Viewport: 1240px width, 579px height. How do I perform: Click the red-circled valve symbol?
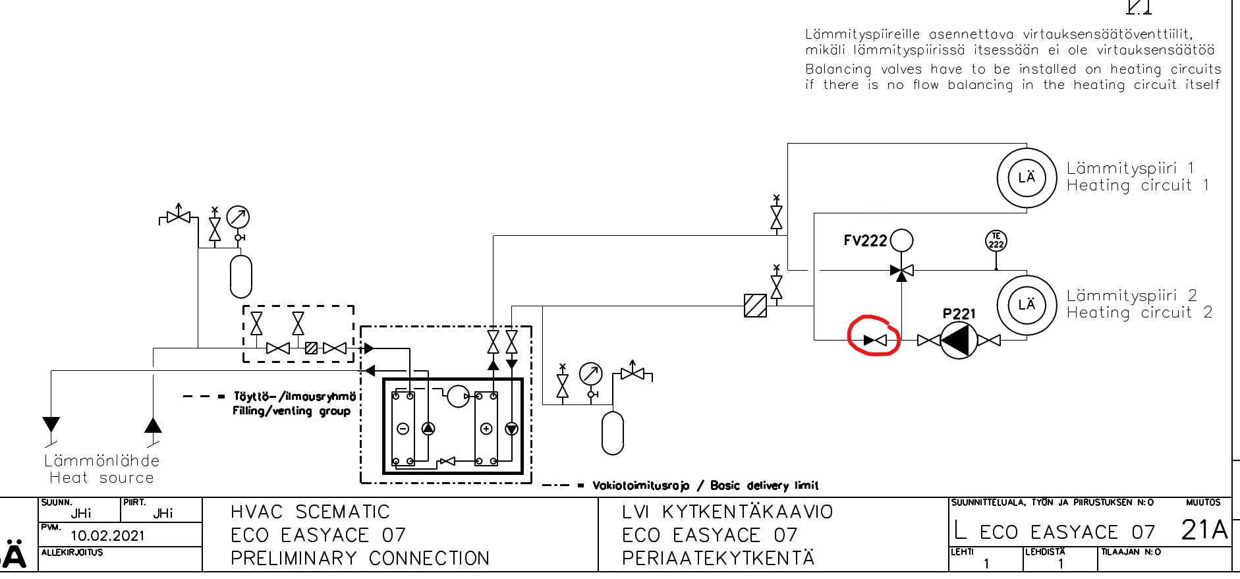click(x=875, y=340)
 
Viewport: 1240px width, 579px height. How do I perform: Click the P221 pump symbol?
click(x=959, y=340)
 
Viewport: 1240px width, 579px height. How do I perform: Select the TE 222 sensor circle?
click(x=996, y=241)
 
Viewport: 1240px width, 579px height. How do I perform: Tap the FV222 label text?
click(x=865, y=241)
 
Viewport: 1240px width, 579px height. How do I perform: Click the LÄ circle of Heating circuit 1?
click(x=1027, y=178)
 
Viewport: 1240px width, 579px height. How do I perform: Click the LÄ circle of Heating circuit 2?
click(x=1027, y=305)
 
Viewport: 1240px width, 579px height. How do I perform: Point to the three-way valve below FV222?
click(x=902, y=270)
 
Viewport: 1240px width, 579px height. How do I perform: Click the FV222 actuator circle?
click(x=901, y=240)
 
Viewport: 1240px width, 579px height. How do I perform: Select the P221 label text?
click(x=959, y=314)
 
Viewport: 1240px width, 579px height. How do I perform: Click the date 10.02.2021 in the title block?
click(x=107, y=536)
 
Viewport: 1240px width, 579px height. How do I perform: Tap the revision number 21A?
click(x=1204, y=530)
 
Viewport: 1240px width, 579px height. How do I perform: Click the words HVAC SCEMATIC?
click(x=310, y=512)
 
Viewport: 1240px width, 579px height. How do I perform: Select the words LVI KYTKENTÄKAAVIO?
click(x=727, y=512)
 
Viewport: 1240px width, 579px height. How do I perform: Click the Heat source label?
click(x=101, y=478)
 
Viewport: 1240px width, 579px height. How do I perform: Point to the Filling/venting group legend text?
click(x=291, y=411)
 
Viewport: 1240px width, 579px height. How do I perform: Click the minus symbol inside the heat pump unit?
click(x=403, y=429)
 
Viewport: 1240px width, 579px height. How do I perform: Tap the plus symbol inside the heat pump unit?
click(x=486, y=429)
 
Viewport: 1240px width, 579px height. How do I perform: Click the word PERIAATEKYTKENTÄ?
click(x=718, y=558)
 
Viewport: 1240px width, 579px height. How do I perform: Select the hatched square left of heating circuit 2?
click(x=755, y=306)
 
